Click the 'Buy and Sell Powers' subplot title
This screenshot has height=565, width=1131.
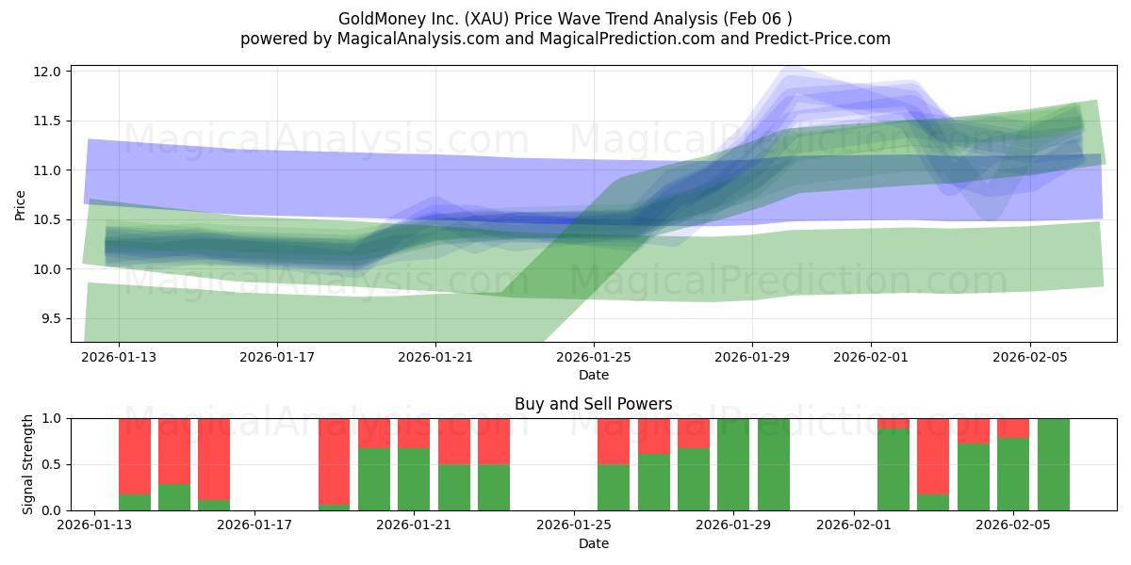point(593,404)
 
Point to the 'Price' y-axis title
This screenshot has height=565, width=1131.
point(21,204)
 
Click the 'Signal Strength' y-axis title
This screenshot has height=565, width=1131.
point(28,464)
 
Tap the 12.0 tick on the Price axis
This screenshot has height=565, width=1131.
point(50,72)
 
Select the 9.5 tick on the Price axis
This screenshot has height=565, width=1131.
point(50,318)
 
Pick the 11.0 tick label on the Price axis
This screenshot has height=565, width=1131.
point(50,170)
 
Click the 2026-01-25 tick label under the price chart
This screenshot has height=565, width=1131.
point(593,357)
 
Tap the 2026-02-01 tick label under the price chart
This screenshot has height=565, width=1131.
point(870,357)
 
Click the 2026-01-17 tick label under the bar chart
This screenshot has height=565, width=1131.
point(255,525)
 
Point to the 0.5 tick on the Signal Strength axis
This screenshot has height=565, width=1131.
point(50,464)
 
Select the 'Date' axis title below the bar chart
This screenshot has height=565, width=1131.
point(593,543)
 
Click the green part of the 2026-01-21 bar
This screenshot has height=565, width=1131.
point(414,479)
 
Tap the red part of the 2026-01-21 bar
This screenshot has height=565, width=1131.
point(414,433)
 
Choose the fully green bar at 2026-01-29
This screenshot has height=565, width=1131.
point(733,464)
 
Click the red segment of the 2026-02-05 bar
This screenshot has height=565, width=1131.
point(1013,428)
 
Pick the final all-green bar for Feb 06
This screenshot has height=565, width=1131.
point(1053,464)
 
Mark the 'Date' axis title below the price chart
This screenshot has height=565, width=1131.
point(593,375)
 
